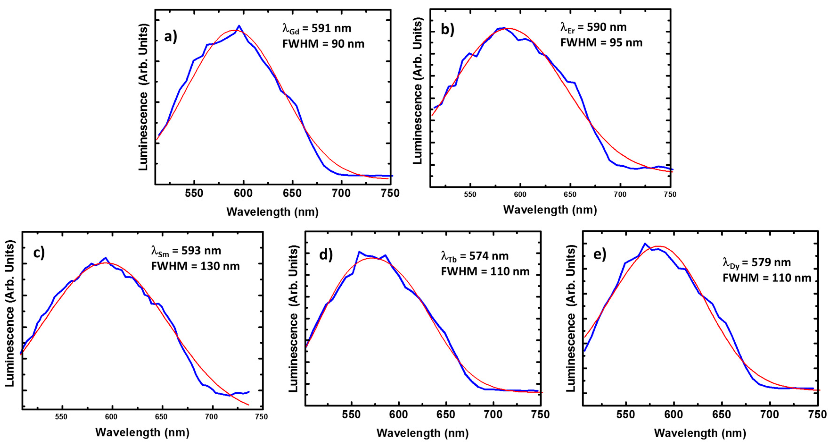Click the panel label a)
coord(170,37)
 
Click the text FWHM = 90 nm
coord(323,44)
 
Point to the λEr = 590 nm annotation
coord(593,27)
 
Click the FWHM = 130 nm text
coord(195,266)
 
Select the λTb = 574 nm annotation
coord(475,256)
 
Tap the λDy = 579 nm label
coord(756,263)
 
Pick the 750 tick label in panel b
coord(670,194)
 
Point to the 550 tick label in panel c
coord(61,417)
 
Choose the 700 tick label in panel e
coord(769,414)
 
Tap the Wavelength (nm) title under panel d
coord(422,433)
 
